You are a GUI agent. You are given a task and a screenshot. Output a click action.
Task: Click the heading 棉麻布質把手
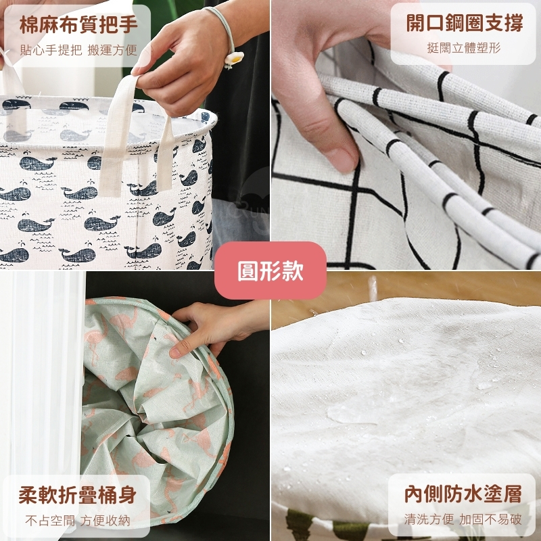pyautogui.click(x=78, y=24)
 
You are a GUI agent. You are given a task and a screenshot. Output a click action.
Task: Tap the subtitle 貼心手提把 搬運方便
pyautogui.click(x=78, y=50)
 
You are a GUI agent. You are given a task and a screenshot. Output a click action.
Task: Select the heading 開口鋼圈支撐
pyautogui.click(x=465, y=23)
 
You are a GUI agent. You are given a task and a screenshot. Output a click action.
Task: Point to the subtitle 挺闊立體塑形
pyautogui.click(x=464, y=47)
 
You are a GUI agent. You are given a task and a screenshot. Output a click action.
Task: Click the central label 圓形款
pyautogui.click(x=270, y=270)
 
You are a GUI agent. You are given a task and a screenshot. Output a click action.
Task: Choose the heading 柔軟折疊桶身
pyautogui.click(x=78, y=495)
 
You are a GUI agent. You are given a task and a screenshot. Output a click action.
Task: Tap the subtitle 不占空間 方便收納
pyautogui.click(x=78, y=521)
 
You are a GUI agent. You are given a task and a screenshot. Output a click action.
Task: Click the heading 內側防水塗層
pyautogui.click(x=463, y=494)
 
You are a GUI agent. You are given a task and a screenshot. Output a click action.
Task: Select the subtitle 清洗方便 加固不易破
pyautogui.click(x=463, y=519)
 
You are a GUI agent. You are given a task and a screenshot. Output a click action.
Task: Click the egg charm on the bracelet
pyautogui.click(x=234, y=59)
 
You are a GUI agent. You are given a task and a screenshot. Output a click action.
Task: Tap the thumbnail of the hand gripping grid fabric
pyautogui.click(x=406, y=135)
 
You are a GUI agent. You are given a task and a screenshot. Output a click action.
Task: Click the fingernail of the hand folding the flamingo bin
pyautogui.click(x=175, y=352)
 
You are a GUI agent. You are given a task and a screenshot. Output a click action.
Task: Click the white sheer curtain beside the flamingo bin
pyautogui.click(x=42, y=373)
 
